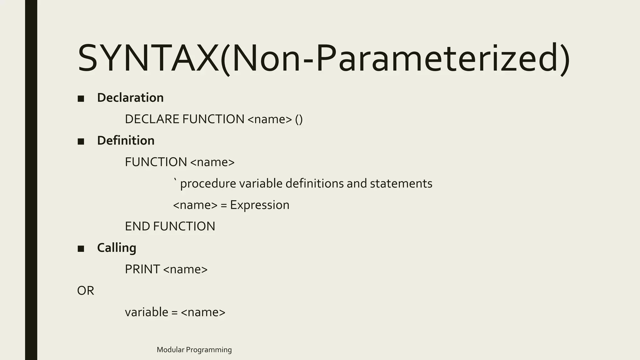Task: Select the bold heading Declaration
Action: (130, 98)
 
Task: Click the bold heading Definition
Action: (126, 141)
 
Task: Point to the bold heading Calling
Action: (117, 248)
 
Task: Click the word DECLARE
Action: (152, 119)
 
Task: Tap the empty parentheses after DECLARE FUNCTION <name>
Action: (299, 119)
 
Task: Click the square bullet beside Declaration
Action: (81, 99)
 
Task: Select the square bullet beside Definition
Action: (81, 142)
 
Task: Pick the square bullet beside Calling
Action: (81, 249)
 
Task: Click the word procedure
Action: (208, 184)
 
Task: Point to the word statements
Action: (401, 184)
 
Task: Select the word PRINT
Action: (142, 269)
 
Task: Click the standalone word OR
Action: (86, 291)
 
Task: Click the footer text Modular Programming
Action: (194, 350)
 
